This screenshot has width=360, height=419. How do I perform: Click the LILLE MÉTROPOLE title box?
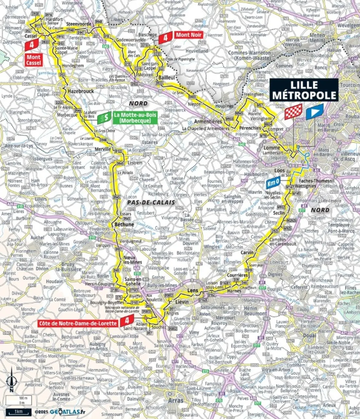point(304,90)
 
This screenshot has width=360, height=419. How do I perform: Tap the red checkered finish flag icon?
point(293,112)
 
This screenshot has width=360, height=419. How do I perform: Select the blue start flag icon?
point(315,112)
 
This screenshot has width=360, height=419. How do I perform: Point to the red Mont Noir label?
point(189,35)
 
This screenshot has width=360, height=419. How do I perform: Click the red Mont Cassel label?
point(33,60)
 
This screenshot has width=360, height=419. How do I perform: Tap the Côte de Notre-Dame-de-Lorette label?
point(78,323)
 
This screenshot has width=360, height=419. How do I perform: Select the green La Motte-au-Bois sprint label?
point(135,118)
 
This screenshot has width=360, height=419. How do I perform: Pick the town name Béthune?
point(124,224)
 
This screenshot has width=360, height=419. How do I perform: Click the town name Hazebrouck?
point(81,91)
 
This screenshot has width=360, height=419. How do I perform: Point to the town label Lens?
point(192,290)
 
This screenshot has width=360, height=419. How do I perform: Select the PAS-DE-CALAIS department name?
point(151,202)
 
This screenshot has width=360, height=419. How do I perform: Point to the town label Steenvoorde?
point(79,24)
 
